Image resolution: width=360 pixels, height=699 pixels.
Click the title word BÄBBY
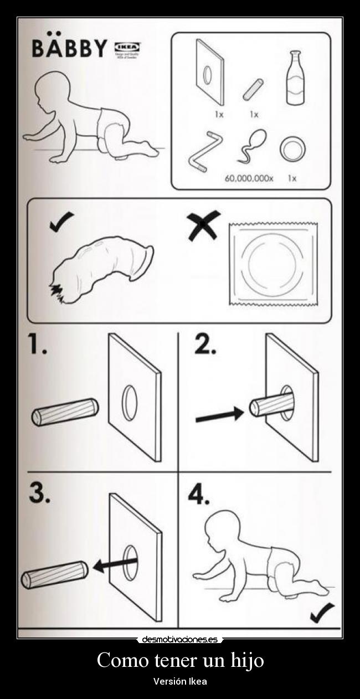[69, 48]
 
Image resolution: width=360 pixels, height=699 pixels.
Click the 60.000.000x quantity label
[249, 178]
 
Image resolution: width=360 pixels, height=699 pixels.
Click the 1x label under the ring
[292, 178]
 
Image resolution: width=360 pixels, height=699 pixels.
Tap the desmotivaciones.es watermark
[180, 639]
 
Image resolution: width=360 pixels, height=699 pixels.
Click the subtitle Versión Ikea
[180, 681]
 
